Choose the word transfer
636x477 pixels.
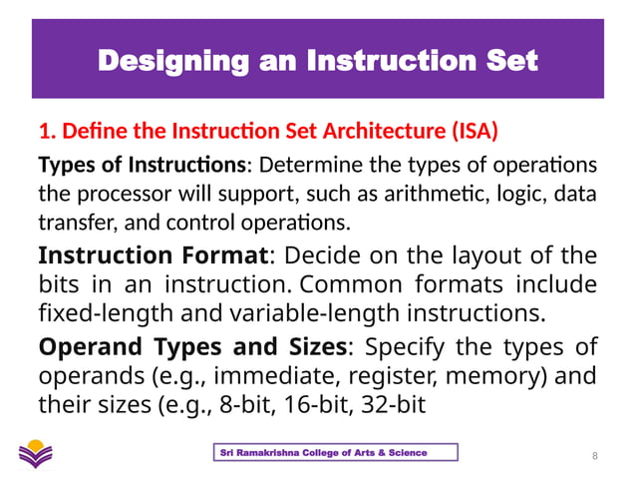click(70, 220)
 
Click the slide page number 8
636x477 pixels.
click(594, 456)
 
